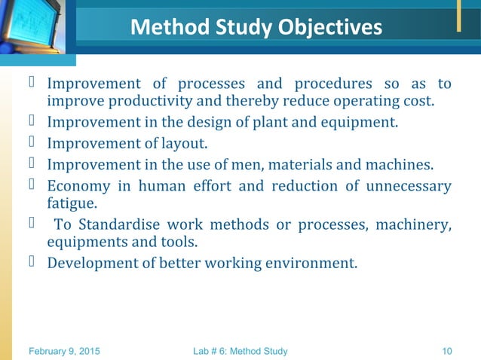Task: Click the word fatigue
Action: (x=72, y=203)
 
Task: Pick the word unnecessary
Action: (x=409, y=185)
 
